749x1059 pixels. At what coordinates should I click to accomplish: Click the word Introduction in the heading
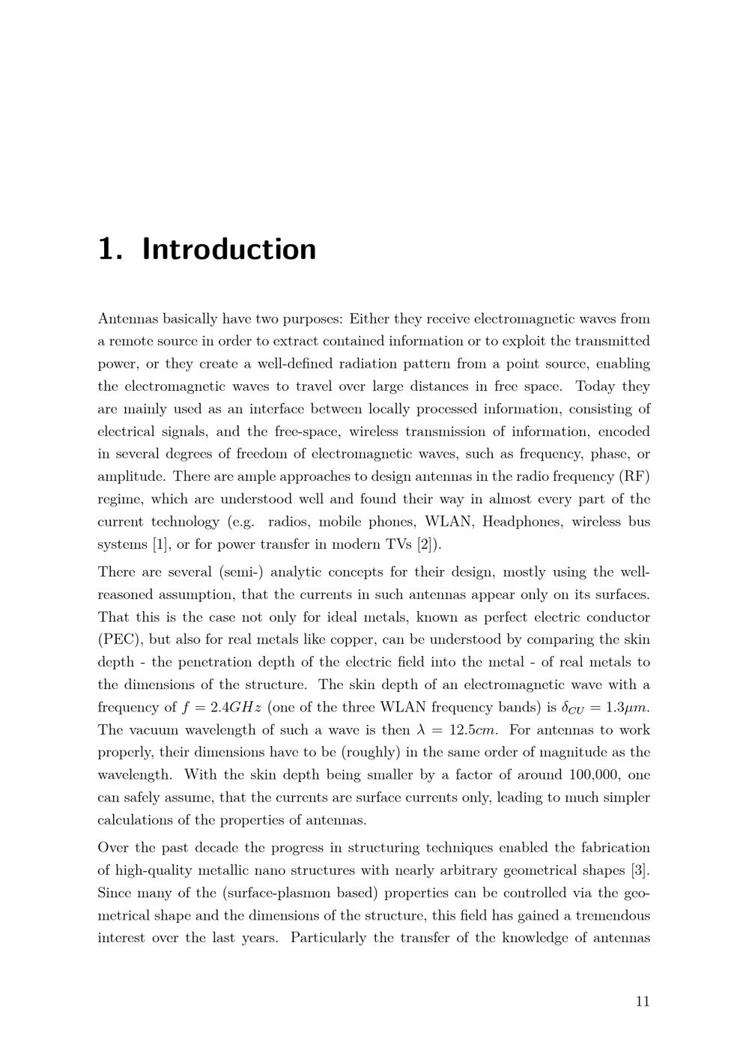(229, 249)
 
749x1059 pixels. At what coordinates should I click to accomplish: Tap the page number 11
(642, 1002)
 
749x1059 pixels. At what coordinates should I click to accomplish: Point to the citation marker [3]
(640, 870)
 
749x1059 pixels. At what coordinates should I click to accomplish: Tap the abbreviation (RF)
(634, 476)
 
